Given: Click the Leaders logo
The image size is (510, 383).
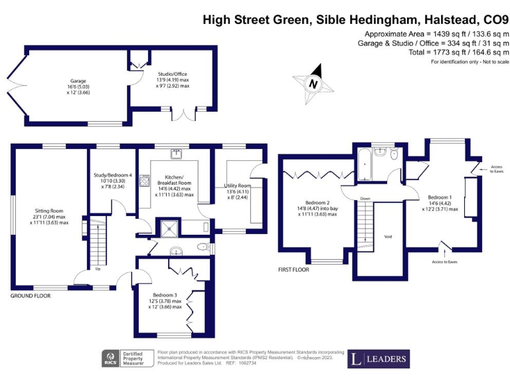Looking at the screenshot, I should (379, 359).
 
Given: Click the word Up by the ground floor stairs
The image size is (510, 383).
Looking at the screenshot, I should (98, 269).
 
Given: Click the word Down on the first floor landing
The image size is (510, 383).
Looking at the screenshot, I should (365, 198).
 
